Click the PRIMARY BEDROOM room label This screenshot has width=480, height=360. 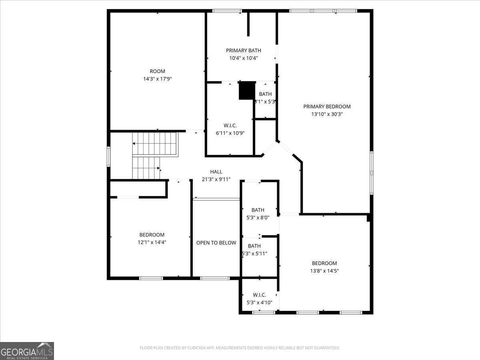pyautogui.click(x=327, y=106)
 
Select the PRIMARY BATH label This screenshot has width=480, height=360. pyautogui.click(x=243, y=50)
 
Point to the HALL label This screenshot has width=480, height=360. pyautogui.click(x=216, y=172)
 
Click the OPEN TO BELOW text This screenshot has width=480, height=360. pyautogui.click(x=216, y=243)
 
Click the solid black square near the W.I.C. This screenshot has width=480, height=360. pyautogui.click(x=247, y=90)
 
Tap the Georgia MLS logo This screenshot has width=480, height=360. pyautogui.click(x=27, y=351)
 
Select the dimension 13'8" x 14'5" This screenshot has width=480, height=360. pyautogui.click(x=324, y=271)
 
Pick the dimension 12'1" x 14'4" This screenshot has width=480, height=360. pyautogui.click(x=152, y=242)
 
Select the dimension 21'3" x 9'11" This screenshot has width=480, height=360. pyautogui.click(x=216, y=179)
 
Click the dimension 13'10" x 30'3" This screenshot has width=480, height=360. pyautogui.click(x=327, y=114)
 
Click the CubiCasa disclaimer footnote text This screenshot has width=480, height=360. pyautogui.click(x=240, y=348)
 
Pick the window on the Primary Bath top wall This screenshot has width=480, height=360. pyautogui.click(x=227, y=11)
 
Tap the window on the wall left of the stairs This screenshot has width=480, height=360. pyautogui.click(x=108, y=156)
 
